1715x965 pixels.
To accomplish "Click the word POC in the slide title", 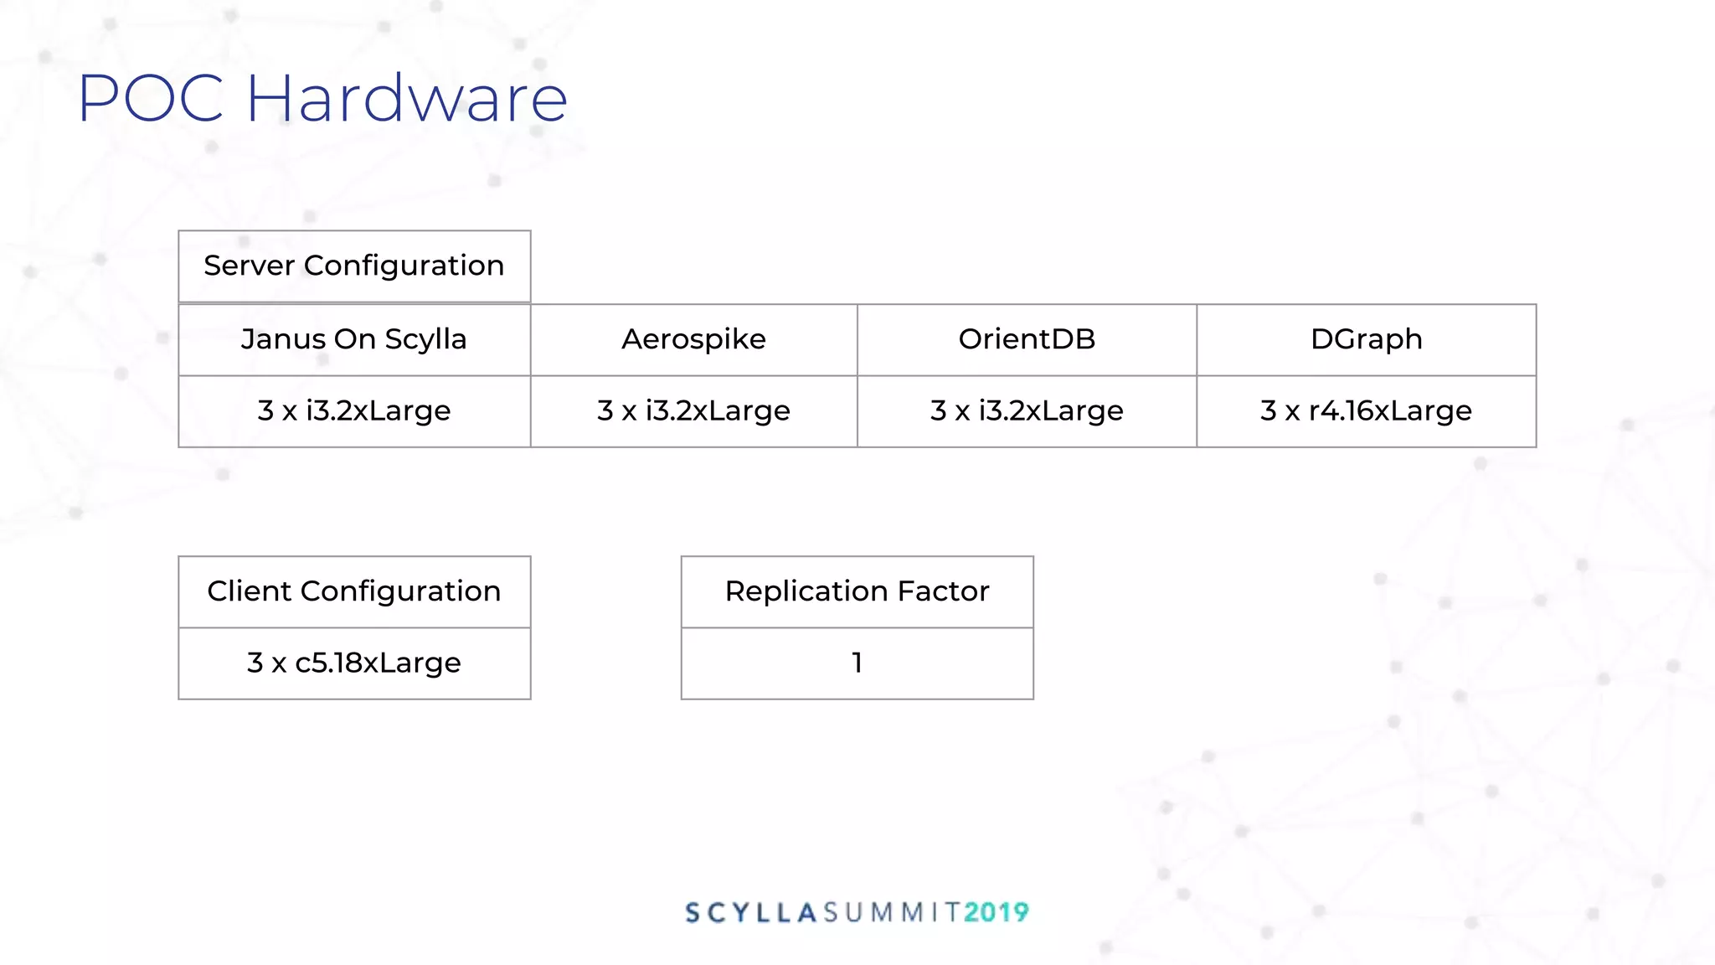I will pyautogui.click(x=151, y=99).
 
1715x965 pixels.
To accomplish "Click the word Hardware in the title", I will pyautogui.click(x=407, y=99).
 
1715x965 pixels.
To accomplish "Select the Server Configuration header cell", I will pyautogui.click(x=354, y=266).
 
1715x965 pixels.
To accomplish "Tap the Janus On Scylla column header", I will pyautogui.click(x=354, y=339).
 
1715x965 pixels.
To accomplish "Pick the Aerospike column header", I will pyautogui.click(x=693, y=339).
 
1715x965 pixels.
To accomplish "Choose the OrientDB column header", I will pyautogui.click(x=1027, y=339).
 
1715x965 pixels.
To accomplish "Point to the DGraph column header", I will pyautogui.click(x=1366, y=339).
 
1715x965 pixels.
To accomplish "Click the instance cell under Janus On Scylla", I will pyautogui.click(x=354, y=410).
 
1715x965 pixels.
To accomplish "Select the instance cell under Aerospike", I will pyautogui.click(x=693, y=410).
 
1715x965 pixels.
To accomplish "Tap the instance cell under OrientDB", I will pyautogui.click(x=1027, y=410).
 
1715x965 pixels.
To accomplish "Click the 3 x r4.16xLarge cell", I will pyautogui.click(x=1366, y=410).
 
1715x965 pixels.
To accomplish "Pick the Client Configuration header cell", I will pyautogui.click(x=354, y=591).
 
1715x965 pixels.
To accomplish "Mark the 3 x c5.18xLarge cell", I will pyautogui.click(x=354, y=663).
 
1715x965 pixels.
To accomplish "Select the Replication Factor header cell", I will pyautogui.click(x=857, y=591).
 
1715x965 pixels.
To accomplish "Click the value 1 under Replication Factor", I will pyautogui.click(x=857, y=663).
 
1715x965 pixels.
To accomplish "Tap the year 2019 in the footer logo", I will pyautogui.click(x=996, y=912).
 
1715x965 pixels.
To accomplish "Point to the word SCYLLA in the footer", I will pyautogui.click(x=751, y=912).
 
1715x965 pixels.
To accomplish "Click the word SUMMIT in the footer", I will pyautogui.click(x=892, y=912).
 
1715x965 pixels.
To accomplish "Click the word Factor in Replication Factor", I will pyautogui.click(x=943, y=591).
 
